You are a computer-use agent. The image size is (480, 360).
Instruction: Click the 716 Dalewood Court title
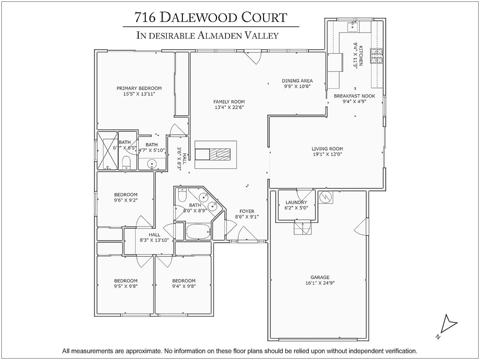click(x=211, y=17)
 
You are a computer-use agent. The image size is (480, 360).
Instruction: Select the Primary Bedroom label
click(x=139, y=88)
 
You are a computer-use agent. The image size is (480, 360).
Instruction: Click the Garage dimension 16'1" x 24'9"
click(x=320, y=283)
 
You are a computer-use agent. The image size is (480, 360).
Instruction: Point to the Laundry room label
click(x=296, y=202)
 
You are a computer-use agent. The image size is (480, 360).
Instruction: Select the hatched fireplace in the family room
click(x=220, y=154)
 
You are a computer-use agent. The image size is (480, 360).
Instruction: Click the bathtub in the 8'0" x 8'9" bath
click(x=198, y=231)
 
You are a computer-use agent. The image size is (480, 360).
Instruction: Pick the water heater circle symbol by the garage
click(x=325, y=197)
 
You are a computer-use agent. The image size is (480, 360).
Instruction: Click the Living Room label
click(x=327, y=149)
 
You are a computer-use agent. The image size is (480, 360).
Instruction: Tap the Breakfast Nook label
click(x=354, y=96)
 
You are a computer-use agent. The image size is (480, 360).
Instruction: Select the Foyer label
click(x=247, y=211)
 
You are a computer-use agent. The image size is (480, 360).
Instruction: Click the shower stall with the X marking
click(x=108, y=151)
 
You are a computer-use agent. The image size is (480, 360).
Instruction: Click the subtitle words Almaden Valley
click(x=238, y=35)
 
